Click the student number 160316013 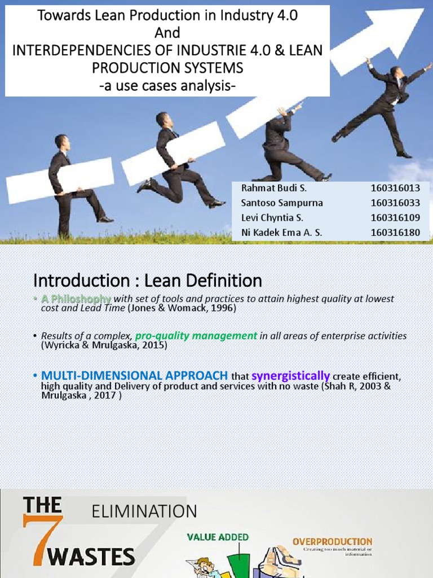click(395, 189)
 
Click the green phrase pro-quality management click(196, 336)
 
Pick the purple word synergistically click(290, 376)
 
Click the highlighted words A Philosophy click(76, 299)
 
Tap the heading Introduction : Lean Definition click(148, 280)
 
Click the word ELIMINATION click(144, 512)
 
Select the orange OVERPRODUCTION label click(332, 542)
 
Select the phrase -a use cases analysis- click(167, 85)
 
